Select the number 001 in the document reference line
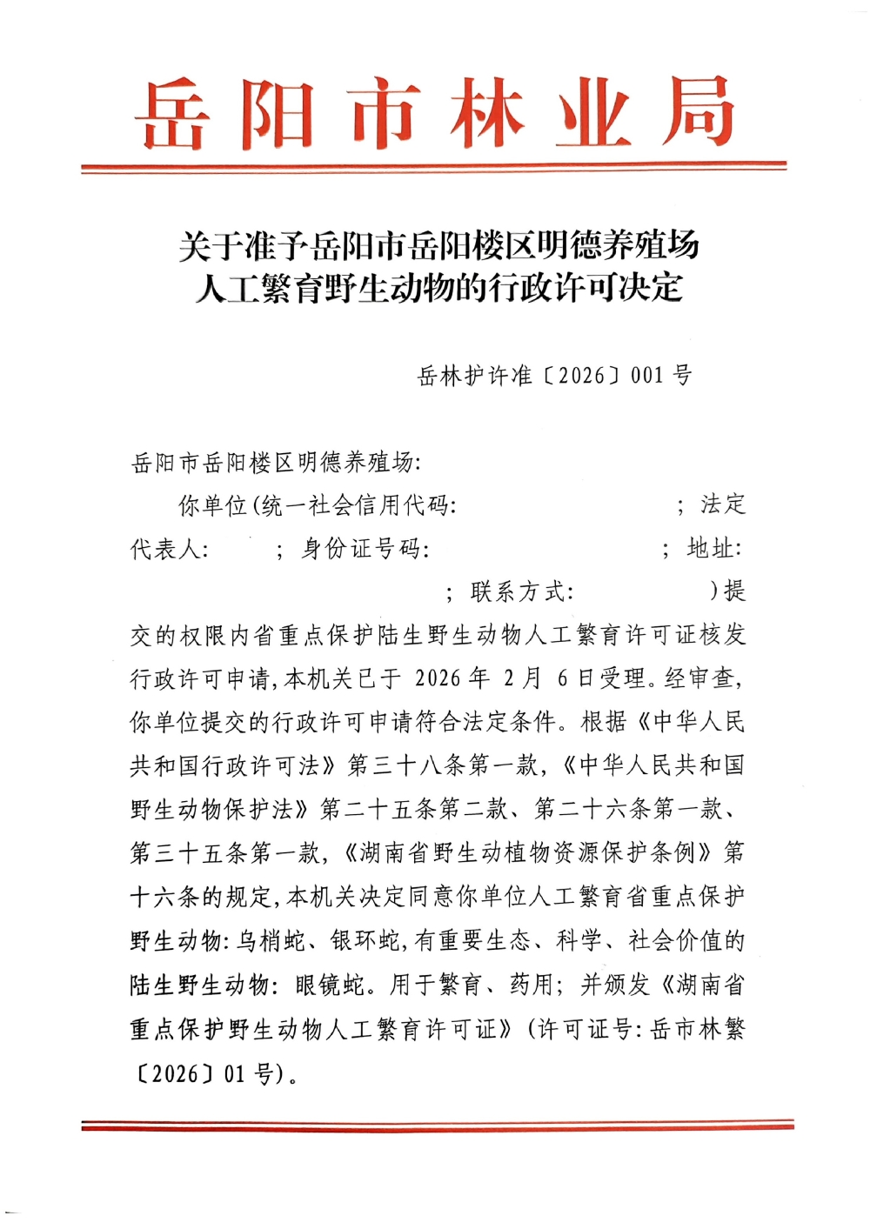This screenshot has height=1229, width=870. [647, 376]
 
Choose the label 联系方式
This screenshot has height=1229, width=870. [521, 592]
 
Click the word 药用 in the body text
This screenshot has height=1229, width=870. [531, 985]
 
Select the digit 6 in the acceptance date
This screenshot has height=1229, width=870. [562, 678]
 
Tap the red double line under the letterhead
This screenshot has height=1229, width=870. [434, 166]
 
